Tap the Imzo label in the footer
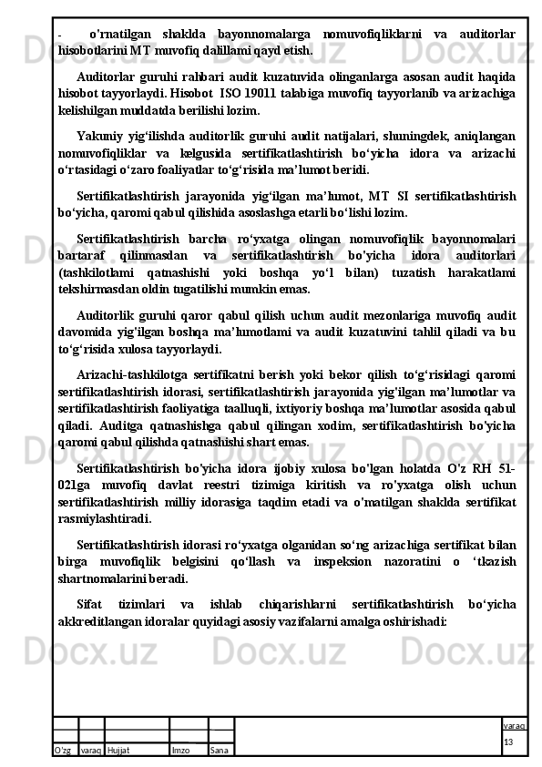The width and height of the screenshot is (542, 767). click(x=180, y=750)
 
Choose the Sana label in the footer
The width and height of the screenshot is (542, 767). click(x=219, y=750)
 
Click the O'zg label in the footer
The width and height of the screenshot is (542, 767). click(x=64, y=750)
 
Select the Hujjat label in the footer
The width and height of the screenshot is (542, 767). click(x=118, y=750)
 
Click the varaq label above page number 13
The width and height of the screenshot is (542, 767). click(x=514, y=725)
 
